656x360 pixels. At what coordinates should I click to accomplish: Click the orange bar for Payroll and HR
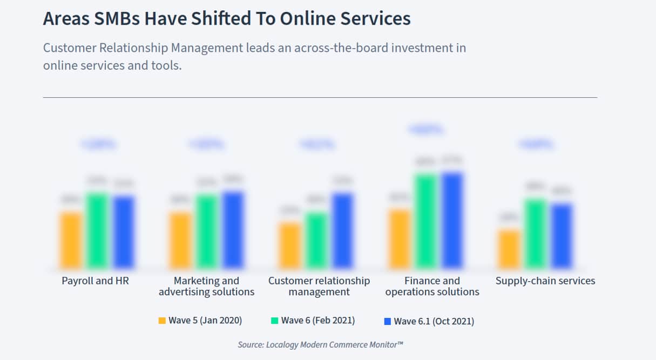coord(71,240)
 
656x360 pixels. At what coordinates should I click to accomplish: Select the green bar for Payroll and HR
coord(98,230)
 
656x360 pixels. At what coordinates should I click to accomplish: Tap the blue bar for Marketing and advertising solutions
coord(233,230)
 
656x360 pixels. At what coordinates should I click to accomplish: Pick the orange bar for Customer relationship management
coord(291,246)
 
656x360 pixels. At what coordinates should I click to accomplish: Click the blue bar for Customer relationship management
coord(342,230)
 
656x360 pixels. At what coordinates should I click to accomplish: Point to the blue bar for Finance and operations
coord(452,220)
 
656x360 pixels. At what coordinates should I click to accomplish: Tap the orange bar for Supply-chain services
coord(509,249)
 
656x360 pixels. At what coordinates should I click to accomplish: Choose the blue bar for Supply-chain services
coord(562,236)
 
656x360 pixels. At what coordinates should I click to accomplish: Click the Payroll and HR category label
coord(96,281)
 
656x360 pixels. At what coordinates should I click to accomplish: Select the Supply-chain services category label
coord(545,281)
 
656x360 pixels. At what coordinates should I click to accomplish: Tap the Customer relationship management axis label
coord(319,286)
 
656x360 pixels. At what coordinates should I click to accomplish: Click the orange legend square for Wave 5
coord(162,321)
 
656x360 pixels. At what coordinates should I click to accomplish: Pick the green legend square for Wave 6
coord(274,321)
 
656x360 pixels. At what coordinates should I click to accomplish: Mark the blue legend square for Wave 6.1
coord(387,322)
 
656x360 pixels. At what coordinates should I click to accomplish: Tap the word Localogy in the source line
coord(282,344)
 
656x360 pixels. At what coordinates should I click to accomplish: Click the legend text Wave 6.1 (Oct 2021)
coord(434,322)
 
